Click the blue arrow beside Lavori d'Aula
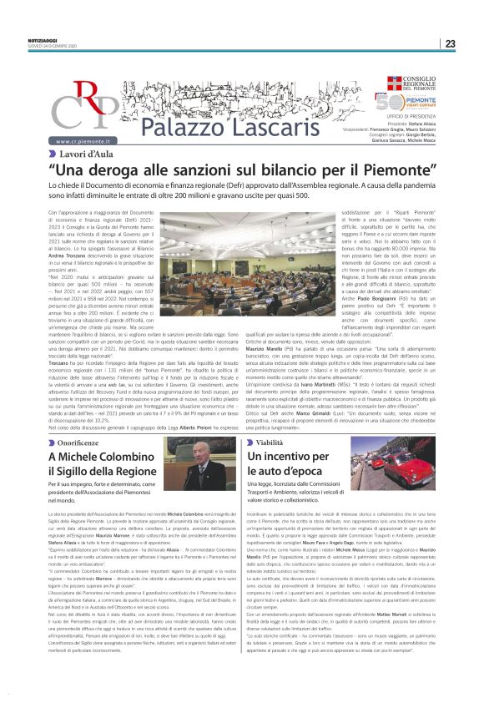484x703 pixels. click(x=53, y=154)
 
